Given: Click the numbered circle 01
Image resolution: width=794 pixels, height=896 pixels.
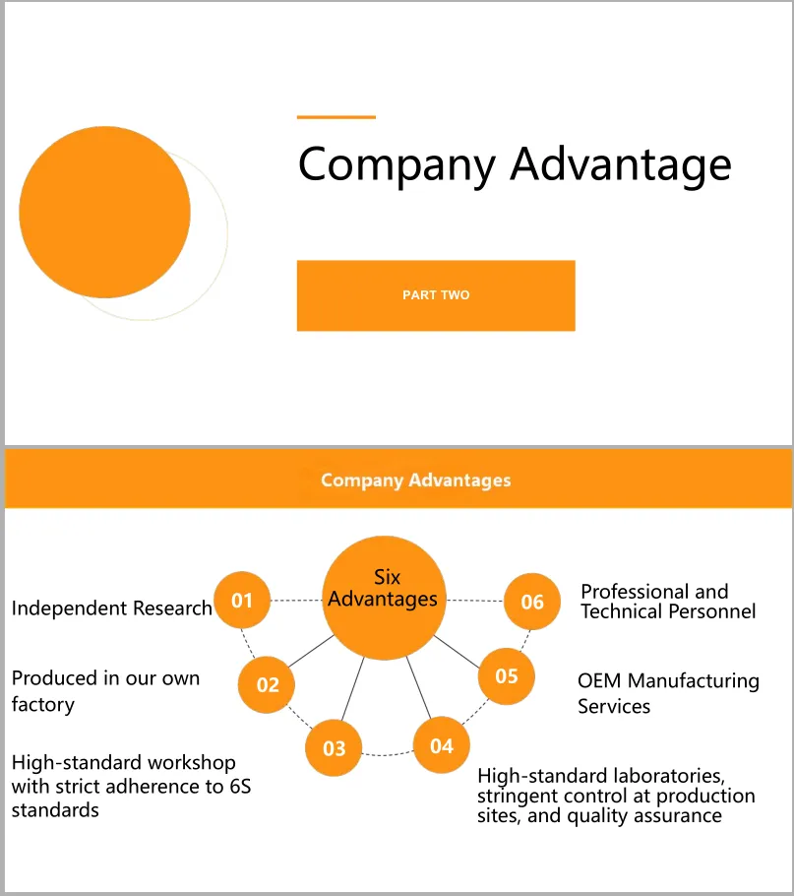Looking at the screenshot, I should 242,600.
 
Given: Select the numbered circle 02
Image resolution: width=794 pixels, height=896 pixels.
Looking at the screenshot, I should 268,684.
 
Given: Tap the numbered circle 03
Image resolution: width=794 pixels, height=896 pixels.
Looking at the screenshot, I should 335,748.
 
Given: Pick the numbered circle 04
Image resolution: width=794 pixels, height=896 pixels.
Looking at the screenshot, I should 442,745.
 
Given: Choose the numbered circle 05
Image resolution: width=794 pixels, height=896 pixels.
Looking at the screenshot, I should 506,676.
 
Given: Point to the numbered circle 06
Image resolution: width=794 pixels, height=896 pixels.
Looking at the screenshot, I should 532,601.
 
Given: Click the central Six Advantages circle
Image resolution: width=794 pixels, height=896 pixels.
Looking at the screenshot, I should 383,598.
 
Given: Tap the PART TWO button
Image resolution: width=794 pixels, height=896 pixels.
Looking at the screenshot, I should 436,295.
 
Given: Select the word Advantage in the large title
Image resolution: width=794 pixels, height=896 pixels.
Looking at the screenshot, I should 621,163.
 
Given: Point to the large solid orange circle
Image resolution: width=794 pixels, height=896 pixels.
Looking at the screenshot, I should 104,212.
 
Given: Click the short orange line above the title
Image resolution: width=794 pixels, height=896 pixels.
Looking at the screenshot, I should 336,117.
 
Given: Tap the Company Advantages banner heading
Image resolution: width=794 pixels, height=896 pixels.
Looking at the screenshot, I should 416,480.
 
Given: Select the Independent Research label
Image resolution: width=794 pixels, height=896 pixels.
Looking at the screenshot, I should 111,608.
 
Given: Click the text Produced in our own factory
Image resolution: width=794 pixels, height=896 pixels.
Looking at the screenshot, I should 105,690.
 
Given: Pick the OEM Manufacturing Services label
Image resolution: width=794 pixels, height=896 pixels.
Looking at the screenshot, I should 668,693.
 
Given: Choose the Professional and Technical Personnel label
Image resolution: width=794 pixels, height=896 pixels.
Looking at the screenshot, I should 668,601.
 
